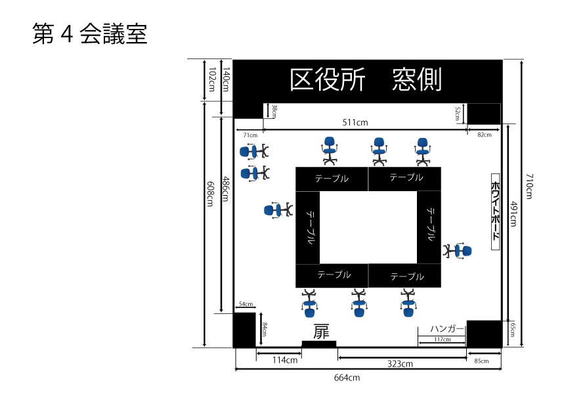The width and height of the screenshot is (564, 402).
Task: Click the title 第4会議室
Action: click(x=90, y=34)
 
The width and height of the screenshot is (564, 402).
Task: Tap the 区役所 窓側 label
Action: click(x=366, y=80)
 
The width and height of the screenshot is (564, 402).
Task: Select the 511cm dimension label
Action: click(x=355, y=122)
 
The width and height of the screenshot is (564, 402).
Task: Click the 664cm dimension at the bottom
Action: click(x=346, y=378)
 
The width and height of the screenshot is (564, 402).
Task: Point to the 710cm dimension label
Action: click(x=529, y=186)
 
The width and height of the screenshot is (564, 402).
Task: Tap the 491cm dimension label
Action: click(x=513, y=213)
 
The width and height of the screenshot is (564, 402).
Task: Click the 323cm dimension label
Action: click(x=399, y=363)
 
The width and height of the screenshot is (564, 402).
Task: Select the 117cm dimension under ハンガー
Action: click(x=442, y=340)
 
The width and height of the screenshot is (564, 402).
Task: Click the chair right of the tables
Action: click(x=457, y=251)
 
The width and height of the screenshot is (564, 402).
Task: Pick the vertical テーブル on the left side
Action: click(x=308, y=227)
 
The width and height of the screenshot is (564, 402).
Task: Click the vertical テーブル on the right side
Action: click(x=429, y=225)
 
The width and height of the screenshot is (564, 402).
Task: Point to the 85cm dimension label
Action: click(x=481, y=361)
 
